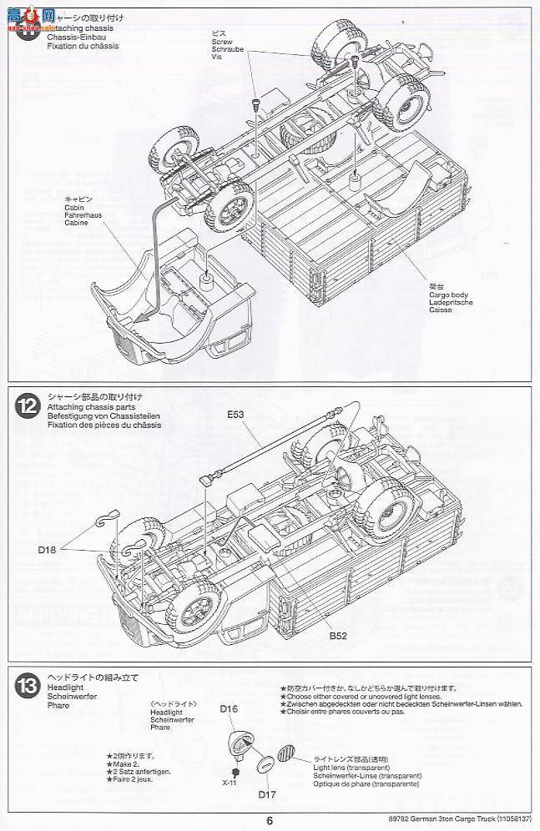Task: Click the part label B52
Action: point(337,636)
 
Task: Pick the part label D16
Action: point(230,709)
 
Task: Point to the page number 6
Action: point(270,819)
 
